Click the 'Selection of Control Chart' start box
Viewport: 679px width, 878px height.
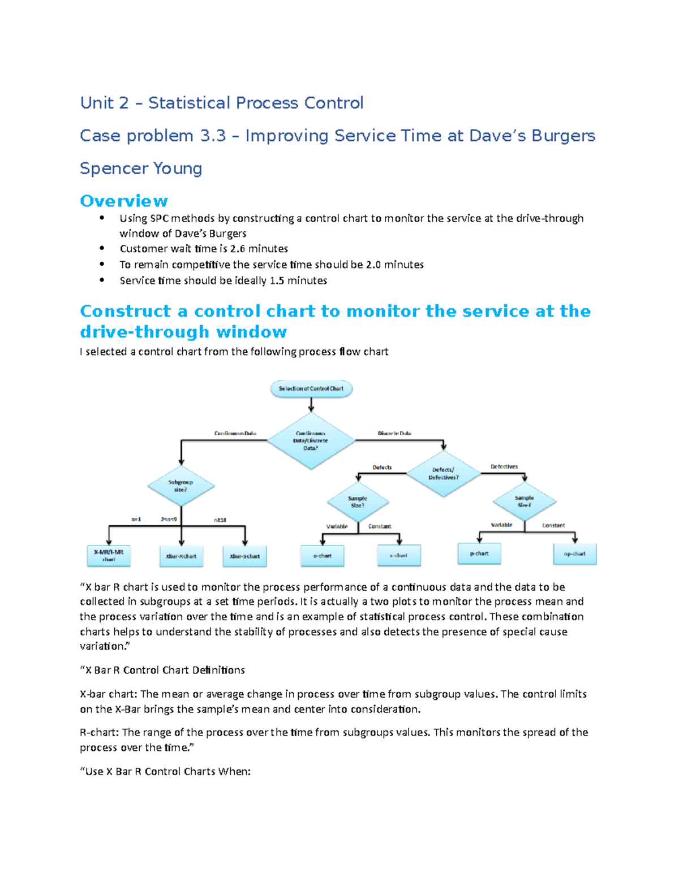[x=311, y=388]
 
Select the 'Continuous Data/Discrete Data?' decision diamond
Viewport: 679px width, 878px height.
[x=311, y=440]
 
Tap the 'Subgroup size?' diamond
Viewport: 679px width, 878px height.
[x=181, y=486]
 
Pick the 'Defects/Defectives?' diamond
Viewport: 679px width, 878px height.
[x=444, y=474]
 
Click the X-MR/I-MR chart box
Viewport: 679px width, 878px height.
[x=109, y=556]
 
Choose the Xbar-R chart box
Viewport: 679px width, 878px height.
[x=181, y=556]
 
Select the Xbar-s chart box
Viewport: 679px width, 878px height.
[x=244, y=556]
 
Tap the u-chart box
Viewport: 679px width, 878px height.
[x=323, y=556]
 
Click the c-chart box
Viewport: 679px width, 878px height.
[x=398, y=555]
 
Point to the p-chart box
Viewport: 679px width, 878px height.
[x=479, y=553]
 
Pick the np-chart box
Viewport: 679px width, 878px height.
[x=574, y=553]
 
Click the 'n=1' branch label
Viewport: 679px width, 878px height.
[x=136, y=519]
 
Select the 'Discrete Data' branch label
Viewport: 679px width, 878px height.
[x=394, y=434]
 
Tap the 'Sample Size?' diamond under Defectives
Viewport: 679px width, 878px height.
[x=525, y=501]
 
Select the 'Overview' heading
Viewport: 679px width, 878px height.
[x=124, y=201]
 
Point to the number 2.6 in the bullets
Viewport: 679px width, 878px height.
[x=237, y=249]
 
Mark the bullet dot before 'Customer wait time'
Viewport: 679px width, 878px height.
[x=102, y=248]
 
